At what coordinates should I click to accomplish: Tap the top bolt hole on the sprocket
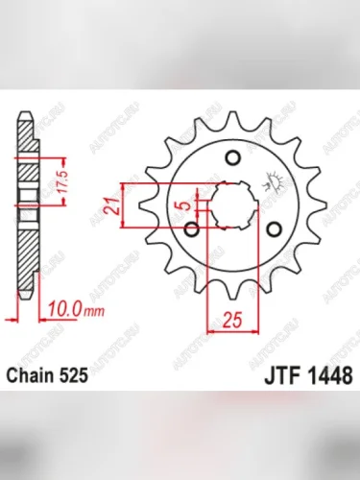[x=230, y=159]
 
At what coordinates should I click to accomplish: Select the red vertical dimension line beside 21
[x=122, y=204]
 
